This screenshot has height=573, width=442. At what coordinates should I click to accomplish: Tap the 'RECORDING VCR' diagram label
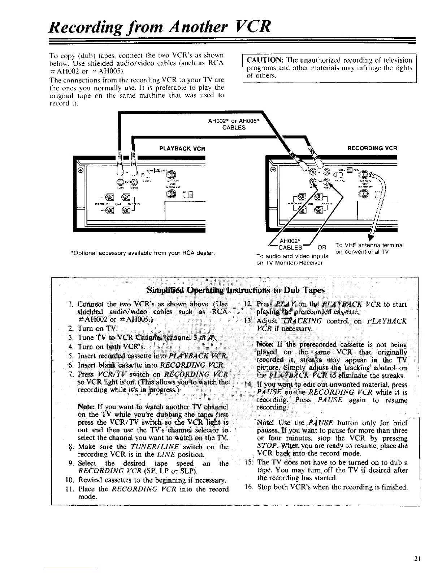[372, 148]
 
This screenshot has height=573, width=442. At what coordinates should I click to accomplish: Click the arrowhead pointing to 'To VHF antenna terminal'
[369, 237]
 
